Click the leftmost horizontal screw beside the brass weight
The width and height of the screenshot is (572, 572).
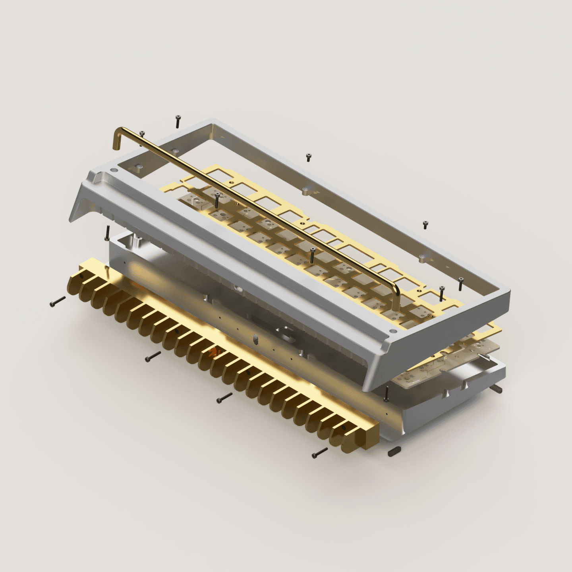58,302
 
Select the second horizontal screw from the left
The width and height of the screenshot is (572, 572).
153,356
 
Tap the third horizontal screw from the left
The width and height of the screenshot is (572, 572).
224,398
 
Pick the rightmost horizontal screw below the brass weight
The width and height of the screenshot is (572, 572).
320,452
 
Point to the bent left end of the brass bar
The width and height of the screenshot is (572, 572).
118,139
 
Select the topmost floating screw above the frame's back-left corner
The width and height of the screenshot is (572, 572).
177,121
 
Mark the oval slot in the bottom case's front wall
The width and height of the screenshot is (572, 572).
255,339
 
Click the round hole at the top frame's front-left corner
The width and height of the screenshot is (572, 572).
116,170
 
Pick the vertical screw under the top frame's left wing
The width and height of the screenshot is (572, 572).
107,233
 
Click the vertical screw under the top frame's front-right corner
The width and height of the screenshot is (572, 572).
386,392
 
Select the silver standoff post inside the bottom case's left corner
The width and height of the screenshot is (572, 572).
136,241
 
